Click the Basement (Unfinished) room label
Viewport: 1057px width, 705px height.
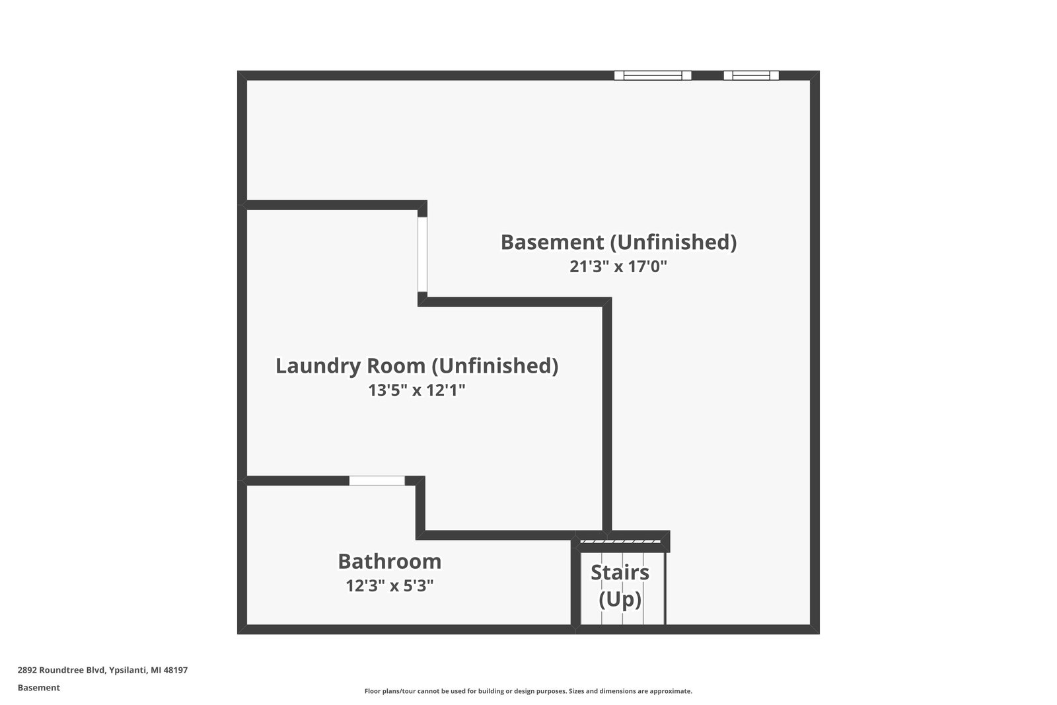[x=618, y=242]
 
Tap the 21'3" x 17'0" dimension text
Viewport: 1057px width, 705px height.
[x=618, y=267]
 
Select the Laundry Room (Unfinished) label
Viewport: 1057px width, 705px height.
[x=417, y=365]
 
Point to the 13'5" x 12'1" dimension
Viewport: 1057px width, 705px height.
[x=417, y=390]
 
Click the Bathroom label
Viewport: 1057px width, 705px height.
[x=390, y=561]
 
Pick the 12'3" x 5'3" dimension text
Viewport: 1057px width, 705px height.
[x=390, y=585]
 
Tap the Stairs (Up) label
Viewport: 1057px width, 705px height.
[x=620, y=585]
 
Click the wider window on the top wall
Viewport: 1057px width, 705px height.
[x=653, y=75]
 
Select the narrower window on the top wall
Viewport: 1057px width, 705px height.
[x=751, y=75]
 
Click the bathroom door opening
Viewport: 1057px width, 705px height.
[x=377, y=480]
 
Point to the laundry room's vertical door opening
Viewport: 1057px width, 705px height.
[x=422, y=254]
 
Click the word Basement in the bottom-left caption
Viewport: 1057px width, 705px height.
[x=38, y=688]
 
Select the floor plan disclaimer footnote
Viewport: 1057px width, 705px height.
[x=528, y=691]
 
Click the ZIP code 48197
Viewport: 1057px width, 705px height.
[x=176, y=670]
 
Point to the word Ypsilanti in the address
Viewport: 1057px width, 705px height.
[x=128, y=670]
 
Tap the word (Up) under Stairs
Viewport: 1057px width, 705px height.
[x=620, y=599]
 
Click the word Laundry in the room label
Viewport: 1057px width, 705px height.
[x=312, y=365]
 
